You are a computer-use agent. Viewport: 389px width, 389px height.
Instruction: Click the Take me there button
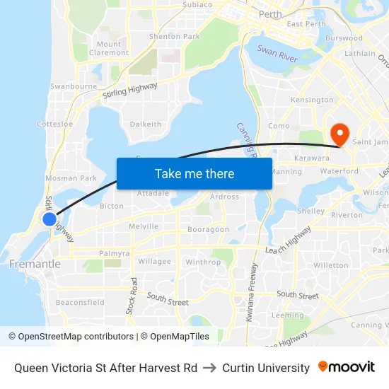pyautogui.click(x=194, y=173)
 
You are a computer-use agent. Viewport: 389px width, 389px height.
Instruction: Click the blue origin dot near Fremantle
pyautogui.click(x=50, y=219)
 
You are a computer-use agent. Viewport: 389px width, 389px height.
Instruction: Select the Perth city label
pyautogui.click(x=270, y=14)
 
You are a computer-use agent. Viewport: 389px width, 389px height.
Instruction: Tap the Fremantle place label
pyautogui.click(x=35, y=264)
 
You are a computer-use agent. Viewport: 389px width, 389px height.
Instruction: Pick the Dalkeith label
pyautogui.click(x=146, y=124)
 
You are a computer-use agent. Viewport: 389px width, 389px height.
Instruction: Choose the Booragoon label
pyautogui.click(x=208, y=229)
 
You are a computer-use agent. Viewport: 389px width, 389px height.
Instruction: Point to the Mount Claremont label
pyautogui.click(x=109, y=48)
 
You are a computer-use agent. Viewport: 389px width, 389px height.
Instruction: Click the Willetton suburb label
pyautogui.click(x=331, y=266)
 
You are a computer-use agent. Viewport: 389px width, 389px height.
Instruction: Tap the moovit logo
pyautogui.click(x=347, y=366)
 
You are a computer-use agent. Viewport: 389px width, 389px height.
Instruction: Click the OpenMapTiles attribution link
pyautogui.click(x=175, y=337)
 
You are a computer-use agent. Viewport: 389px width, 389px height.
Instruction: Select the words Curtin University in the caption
pyautogui.click(x=266, y=368)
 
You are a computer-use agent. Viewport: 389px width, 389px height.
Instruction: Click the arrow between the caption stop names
pyautogui.click(x=210, y=368)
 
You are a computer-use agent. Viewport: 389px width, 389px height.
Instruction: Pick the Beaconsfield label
pyautogui.click(x=80, y=303)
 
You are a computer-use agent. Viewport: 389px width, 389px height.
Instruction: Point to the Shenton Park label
pyautogui.click(x=174, y=36)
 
